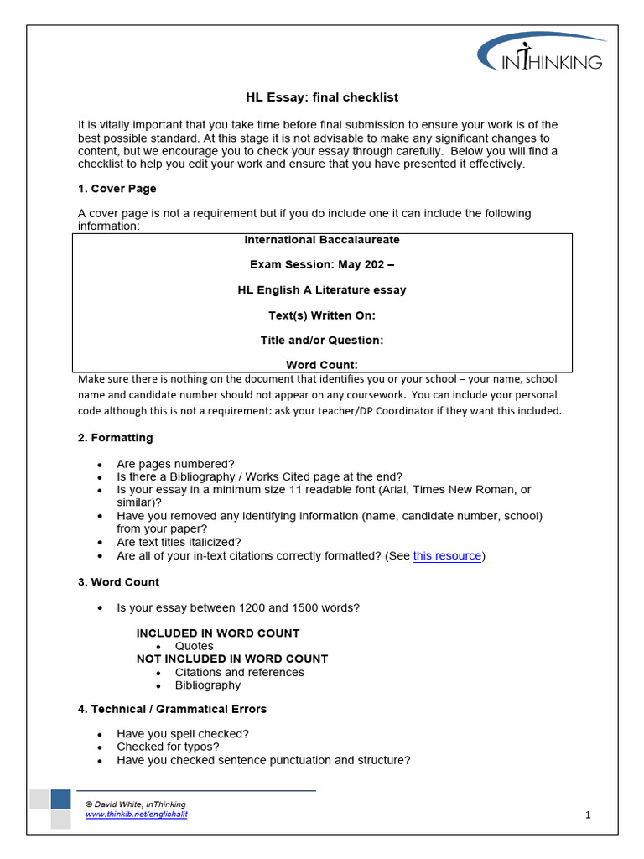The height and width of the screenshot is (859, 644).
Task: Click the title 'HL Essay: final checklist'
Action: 321,98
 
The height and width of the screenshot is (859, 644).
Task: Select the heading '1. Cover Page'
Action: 117,189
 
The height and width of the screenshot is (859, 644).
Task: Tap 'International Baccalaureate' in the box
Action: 321,240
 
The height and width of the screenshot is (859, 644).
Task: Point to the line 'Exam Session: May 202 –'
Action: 321,265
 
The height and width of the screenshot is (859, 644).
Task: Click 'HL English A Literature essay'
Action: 321,290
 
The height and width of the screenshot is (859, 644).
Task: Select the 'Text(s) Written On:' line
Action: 321,315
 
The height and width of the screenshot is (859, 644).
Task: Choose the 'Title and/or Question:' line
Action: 321,341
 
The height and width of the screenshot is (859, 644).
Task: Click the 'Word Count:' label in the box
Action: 321,365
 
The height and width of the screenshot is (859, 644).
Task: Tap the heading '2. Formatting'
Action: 115,438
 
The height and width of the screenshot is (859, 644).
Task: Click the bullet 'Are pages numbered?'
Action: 175,464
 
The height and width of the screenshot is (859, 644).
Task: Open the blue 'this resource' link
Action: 447,556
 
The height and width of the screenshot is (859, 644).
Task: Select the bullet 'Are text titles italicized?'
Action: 179,543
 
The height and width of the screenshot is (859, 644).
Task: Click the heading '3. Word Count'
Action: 118,582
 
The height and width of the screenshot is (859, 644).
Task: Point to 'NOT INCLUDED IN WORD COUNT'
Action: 232,659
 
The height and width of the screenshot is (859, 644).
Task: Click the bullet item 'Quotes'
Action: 194,647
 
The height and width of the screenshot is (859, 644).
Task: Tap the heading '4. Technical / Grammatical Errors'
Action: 172,710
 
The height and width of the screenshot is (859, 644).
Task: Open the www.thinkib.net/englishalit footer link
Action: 137,815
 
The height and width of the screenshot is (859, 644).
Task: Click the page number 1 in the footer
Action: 588,815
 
